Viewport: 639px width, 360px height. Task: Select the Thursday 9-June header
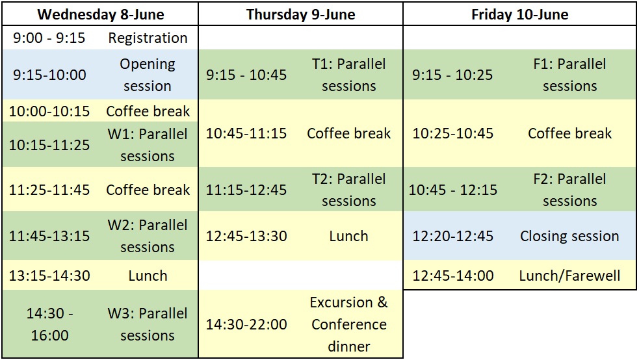(x=300, y=14)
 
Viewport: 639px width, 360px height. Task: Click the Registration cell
(x=148, y=38)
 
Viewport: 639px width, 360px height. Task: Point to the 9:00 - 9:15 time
(x=49, y=38)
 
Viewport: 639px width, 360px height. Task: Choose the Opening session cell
(x=148, y=75)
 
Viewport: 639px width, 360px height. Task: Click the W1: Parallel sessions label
(x=148, y=145)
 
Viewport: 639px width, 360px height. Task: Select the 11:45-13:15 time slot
(x=49, y=236)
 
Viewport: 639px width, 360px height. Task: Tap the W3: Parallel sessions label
(x=148, y=324)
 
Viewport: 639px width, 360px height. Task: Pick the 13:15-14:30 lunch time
(x=49, y=276)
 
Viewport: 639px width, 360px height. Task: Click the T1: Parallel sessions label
(x=348, y=75)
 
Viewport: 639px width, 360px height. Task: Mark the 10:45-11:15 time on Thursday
(x=246, y=133)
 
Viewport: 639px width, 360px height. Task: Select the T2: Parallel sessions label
(x=348, y=190)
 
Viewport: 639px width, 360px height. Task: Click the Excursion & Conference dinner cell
(x=348, y=324)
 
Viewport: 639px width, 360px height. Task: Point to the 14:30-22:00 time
(x=246, y=324)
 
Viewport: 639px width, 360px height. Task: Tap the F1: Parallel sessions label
(x=569, y=75)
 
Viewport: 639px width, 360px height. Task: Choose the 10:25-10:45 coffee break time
(x=452, y=133)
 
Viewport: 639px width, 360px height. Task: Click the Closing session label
(x=569, y=236)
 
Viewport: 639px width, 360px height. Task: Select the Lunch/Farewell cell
(x=569, y=276)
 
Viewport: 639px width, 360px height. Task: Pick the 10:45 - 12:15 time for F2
(x=452, y=190)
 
